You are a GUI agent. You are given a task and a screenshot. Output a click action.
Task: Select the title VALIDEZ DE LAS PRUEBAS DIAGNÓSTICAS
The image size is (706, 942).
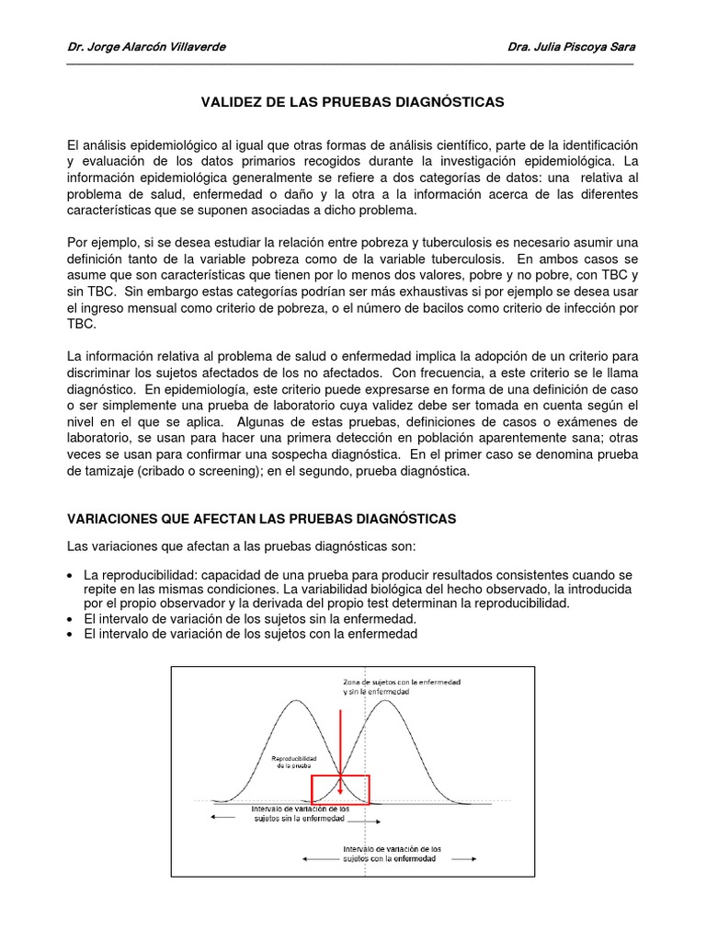tap(353, 102)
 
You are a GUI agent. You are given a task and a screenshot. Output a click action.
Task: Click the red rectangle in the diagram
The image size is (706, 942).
tap(340, 789)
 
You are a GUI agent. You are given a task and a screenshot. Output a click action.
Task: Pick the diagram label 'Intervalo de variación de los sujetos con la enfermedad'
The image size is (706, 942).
tap(392, 853)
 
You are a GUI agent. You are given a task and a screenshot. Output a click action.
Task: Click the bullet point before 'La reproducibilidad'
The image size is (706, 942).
tap(72, 575)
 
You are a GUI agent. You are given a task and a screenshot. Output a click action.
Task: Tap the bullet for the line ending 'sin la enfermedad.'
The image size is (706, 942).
tap(72, 619)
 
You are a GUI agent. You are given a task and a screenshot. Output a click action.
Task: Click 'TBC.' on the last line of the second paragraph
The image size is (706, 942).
tap(81, 325)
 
